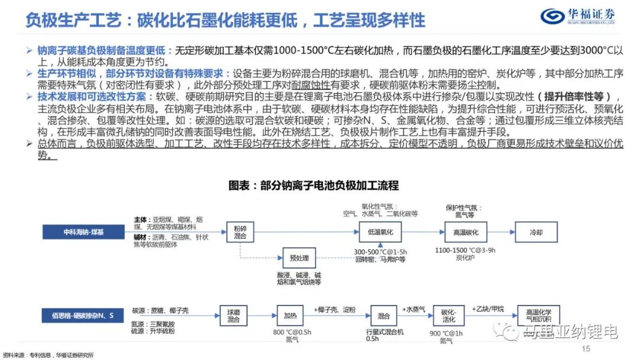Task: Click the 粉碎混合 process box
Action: (240, 232)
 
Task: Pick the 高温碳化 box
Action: (461, 232)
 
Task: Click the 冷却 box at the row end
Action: (535, 232)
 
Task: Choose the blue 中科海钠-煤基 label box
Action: (83, 232)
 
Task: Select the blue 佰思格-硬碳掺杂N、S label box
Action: (83, 314)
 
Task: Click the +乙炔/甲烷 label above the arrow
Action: (489, 308)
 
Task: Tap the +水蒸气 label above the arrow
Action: (414, 308)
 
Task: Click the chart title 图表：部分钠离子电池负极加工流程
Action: (314, 185)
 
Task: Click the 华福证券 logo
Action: (577, 15)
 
